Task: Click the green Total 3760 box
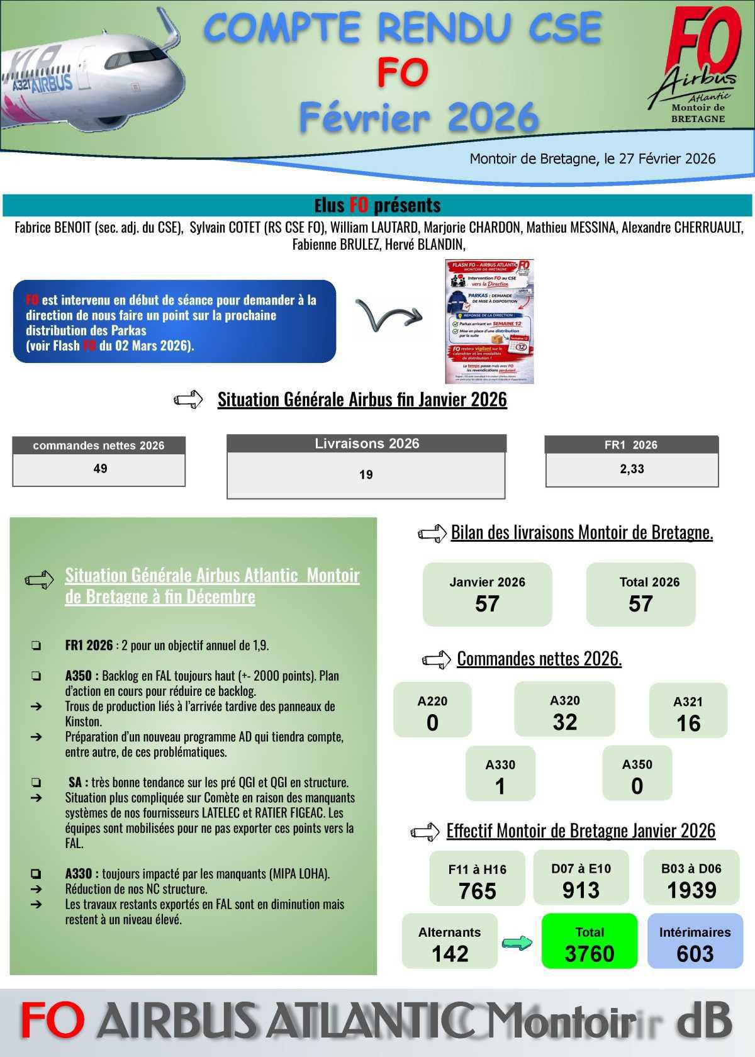tap(589, 942)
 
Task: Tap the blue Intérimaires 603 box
tap(695, 942)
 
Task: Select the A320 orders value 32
tap(565, 722)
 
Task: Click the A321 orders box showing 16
tap(688, 711)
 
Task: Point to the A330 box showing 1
tap(500, 775)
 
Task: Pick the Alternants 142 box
tap(450, 942)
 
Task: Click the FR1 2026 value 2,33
tap(632, 469)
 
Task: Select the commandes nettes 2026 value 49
tap(99, 469)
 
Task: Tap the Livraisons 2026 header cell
tap(367, 444)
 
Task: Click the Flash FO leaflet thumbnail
tap(489, 322)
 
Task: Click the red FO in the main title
tap(403, 72)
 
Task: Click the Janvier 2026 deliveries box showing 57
tap(487, 594)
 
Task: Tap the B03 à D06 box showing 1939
tap(691, 879)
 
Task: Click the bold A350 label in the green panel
tap(81, 676)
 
